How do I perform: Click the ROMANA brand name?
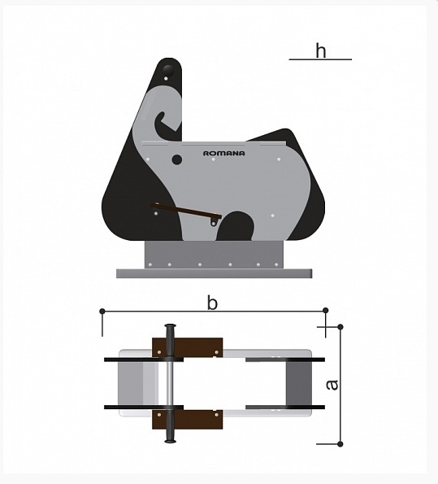click(224, 153)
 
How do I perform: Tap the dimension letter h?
click(321, 50)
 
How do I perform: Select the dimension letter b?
click(212, 303)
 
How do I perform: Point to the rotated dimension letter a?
click(332, 385)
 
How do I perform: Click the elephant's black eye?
click(176, 159)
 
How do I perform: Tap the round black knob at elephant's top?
click(168, 70)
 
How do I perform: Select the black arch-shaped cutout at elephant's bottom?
click(236, 226)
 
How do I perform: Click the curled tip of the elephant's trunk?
click(160, 120)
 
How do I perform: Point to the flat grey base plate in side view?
click(214, 273)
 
